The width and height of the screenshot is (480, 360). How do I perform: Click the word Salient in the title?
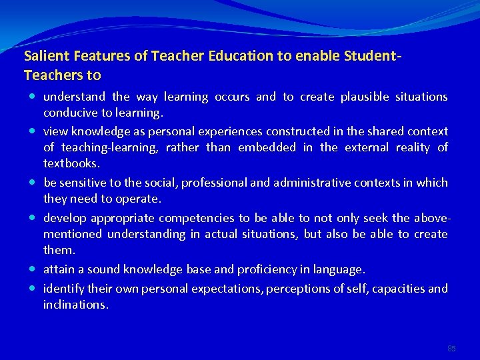43,57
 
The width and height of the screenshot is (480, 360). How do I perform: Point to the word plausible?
363,97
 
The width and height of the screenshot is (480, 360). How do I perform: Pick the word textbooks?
72,163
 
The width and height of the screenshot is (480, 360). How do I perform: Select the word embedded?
267,147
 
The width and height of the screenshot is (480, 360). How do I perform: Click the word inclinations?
75,305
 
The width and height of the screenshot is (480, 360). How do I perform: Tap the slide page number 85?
451,348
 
